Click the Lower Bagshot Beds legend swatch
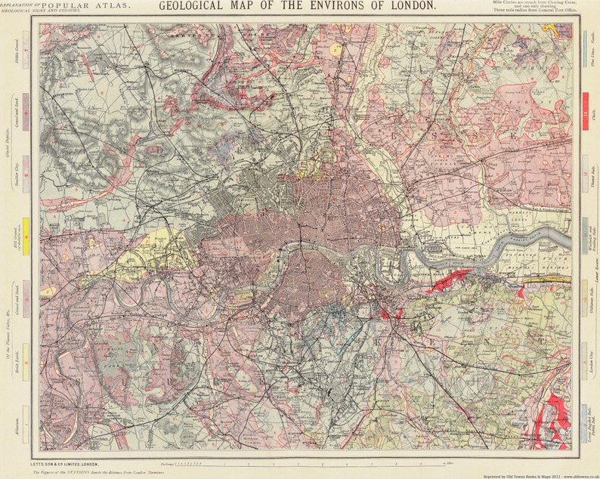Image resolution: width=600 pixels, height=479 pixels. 585,419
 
